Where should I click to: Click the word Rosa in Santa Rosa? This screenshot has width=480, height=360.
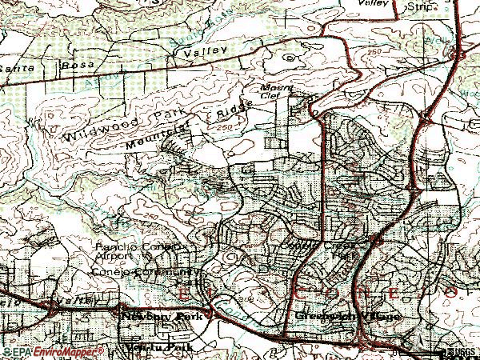click(x=80, y=62)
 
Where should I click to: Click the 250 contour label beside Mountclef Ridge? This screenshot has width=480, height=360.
click(x=225, y=127)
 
